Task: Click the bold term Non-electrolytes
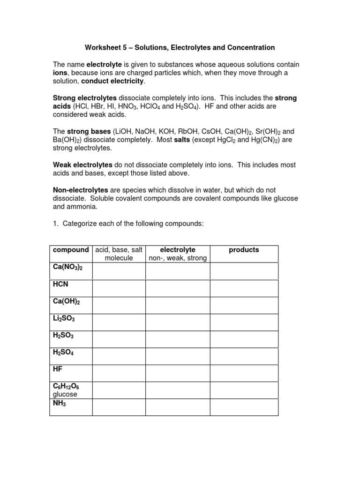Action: pyautogui.click(x=80, y=190)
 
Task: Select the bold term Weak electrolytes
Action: pyautogui.click(x=82, y=165)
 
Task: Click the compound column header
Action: pyautogui.click(x=71, y=250)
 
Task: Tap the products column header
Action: pyautogui.click(x=244, y=250)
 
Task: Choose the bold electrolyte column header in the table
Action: pyautogui.click(x=178, y=250)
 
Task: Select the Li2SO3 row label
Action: pyautogui.click(x=64, y=319)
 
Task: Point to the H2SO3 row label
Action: pyautogui.click(x=64, y=336)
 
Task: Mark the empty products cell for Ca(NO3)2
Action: pyautogui.click(x=244, y=271)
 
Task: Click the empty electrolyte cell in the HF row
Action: pyautogui.click(x=178, y=373)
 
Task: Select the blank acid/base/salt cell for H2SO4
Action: pyautogui.click(x=119, y=356)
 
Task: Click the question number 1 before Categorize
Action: pyautogui.click(x=54, y=224)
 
